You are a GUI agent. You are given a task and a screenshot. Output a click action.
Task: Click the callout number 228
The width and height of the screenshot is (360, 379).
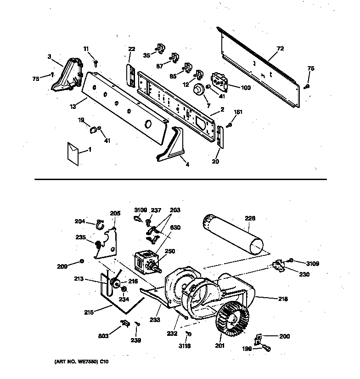250,218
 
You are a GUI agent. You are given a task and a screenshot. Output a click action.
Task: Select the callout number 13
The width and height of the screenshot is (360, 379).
73,107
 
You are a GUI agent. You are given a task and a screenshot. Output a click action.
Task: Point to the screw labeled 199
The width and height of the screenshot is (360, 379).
265,348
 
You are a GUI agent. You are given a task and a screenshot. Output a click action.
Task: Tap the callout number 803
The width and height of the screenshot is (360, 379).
103,336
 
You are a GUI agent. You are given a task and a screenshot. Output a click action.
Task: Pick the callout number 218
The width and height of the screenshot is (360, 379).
283,299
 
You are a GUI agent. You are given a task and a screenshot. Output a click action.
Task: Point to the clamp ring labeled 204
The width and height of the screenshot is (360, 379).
100,225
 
